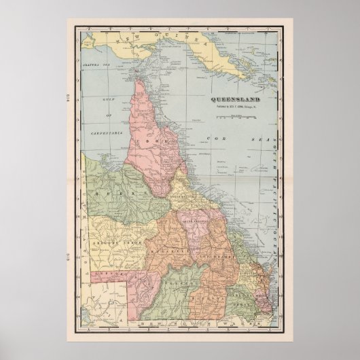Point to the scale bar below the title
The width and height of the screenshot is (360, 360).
click(x=232, y=118)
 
